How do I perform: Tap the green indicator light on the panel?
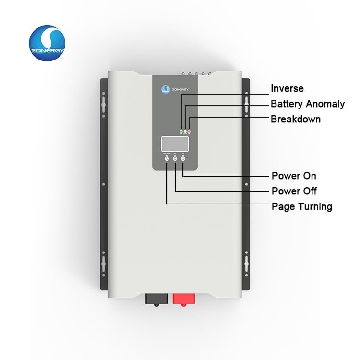[181, 131]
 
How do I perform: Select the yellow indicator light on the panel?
[185, 131]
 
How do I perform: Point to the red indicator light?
[189, 131]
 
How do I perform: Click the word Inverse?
[287, 89]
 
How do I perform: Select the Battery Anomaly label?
[308, 104]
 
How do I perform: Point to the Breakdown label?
[296, 119]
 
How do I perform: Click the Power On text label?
[294, 176]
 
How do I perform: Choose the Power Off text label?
[294, 191]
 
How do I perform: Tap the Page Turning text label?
[301, 206]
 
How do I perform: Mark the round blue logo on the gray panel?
[164, 89]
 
